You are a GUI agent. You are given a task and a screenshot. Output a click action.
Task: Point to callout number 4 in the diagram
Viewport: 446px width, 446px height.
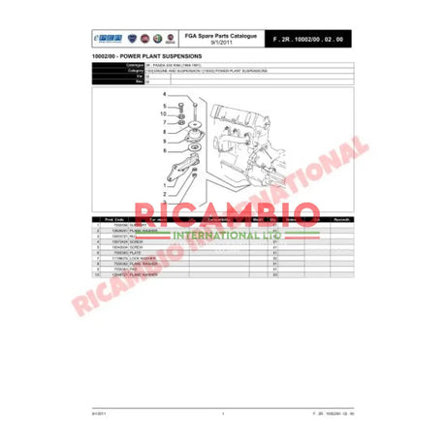pos(165,95)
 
